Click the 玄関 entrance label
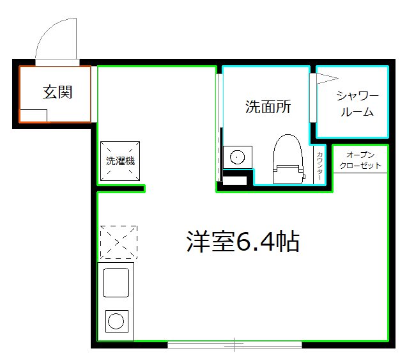(x=58, y=92)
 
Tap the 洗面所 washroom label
(x=268, y=107)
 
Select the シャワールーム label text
(x=358, y=104)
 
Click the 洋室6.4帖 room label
(x=243, y=242)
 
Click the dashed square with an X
(x=118, y=242)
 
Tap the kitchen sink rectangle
(x=116, y=282)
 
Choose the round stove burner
(x=116, y=322)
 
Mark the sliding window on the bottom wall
(x=234, y=345)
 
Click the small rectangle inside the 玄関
(x=33, y=115)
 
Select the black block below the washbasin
(x=234, y=180)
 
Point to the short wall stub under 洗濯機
(x=121, y=188)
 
